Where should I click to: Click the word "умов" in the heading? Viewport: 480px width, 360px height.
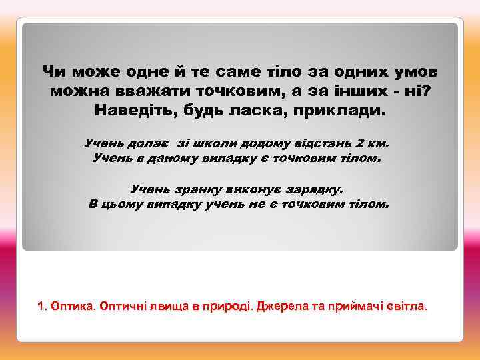[413, 70]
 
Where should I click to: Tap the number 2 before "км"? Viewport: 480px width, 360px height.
[361, 143]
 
